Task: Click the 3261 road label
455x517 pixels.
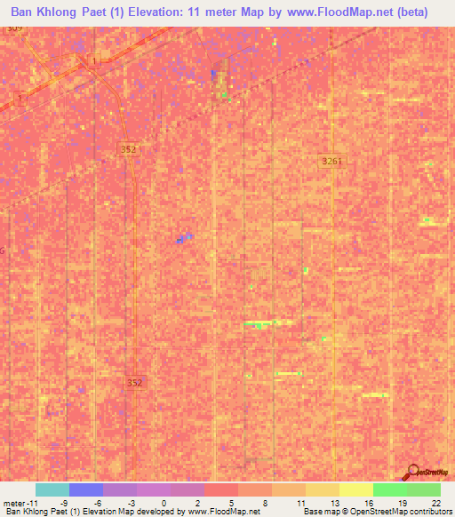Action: point(331,160)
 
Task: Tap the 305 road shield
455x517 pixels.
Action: point(13,29)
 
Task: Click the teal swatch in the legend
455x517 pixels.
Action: point(52,489)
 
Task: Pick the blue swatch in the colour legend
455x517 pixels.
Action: point(86,489)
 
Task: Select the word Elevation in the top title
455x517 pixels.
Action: point(157,12)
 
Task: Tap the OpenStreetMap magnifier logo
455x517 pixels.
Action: point(411,471)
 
